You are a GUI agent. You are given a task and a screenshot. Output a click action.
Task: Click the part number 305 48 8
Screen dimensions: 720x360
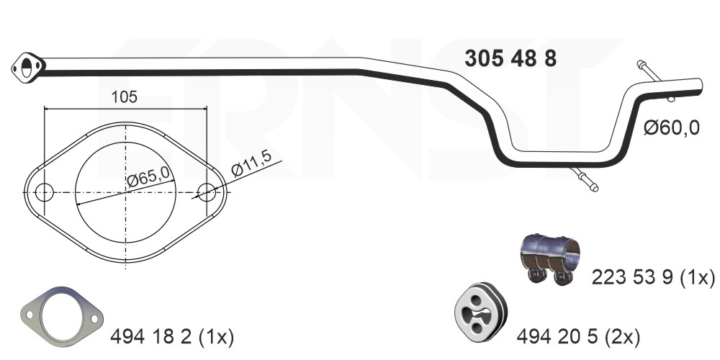pyautogui.click(x=510, y=59)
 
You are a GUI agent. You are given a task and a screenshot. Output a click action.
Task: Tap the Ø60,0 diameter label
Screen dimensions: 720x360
pyautogui.click(x=671, y=127)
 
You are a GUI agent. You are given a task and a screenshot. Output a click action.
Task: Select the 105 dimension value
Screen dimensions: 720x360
pyautogui.click(x=125, y=97)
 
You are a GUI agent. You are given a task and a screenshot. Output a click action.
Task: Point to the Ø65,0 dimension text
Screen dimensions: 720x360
pyautogui.click(x=148, y=176)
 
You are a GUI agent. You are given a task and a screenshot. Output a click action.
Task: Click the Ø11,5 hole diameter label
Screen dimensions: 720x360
pyautogui.click(x=251, y=163)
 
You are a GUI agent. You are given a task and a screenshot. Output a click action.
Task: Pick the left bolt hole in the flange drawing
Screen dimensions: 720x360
pyautogui.click(x=45, y=192)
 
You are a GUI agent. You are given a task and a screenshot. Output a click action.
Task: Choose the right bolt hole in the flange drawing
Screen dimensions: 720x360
pyautogui.click(x=207, y=192)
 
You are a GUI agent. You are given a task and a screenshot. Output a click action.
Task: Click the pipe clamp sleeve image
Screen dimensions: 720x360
pyautogui.click(x=550, y=258)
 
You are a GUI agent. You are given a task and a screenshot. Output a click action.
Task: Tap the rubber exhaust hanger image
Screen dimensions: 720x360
pyautogui.click(x=480, y=312)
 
